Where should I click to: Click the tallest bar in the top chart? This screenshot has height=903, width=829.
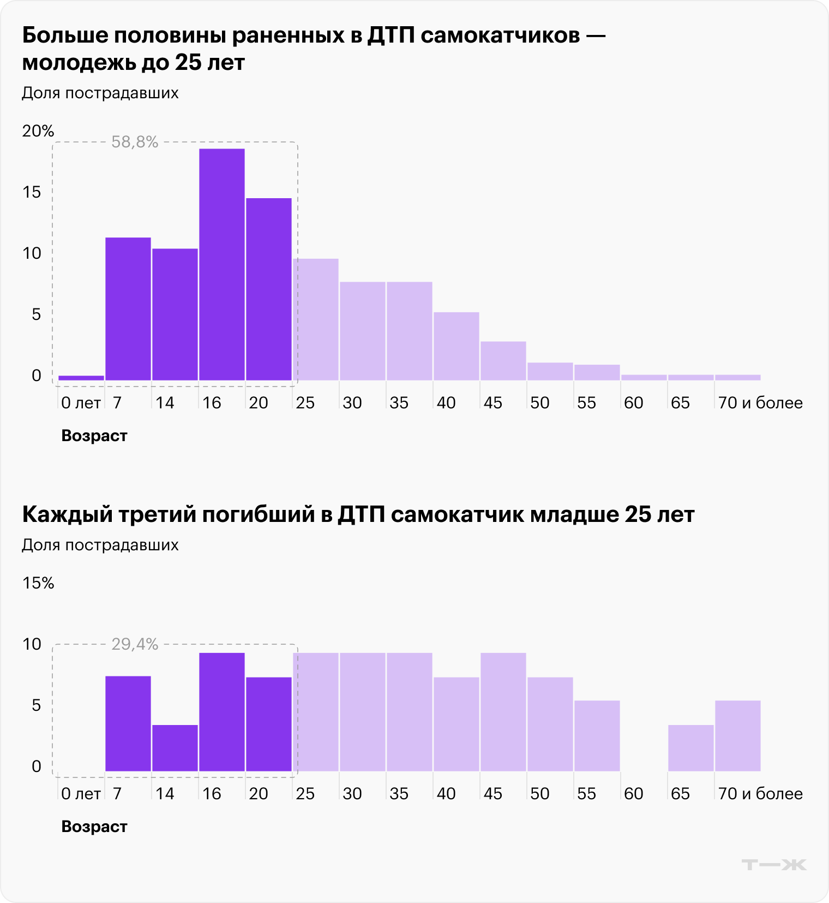pos(221,264)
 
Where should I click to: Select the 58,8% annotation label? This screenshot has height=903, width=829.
pos(135,142)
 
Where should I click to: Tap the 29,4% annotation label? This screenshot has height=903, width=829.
pos(135,645)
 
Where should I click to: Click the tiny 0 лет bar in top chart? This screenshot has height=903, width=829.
pos(81,377)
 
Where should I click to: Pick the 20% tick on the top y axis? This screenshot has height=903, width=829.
pos(38,131)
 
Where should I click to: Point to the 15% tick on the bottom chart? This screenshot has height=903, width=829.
pos(38,583)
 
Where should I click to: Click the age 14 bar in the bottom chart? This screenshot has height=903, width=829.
pos(175,748)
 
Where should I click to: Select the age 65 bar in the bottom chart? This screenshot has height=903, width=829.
pos(690,748)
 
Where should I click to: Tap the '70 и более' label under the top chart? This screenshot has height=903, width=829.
pos(760,403)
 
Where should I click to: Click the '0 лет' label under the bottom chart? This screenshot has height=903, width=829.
pos(81,794)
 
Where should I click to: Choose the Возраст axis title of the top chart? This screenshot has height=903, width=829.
pos(94,436)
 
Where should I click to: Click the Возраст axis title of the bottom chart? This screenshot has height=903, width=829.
pos(94,827)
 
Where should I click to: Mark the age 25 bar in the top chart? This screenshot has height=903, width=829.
pos(315,319)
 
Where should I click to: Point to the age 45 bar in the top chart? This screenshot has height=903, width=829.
pos(503,361)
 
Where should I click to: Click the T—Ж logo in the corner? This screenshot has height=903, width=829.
pos(773,865)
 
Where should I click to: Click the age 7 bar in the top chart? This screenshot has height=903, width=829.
pos(128,309)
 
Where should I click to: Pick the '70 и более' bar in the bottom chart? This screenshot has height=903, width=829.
pos(737,736)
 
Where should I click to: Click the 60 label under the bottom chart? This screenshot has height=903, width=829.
pos(633,794)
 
